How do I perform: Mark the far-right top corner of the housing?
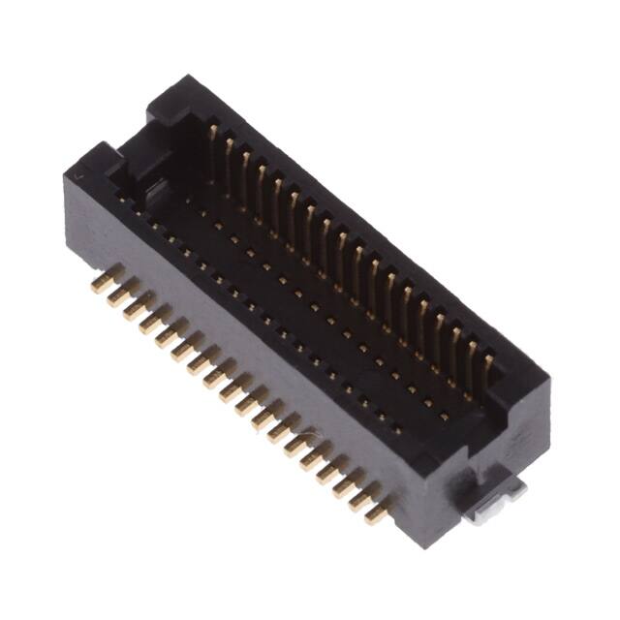click(542, 373)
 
